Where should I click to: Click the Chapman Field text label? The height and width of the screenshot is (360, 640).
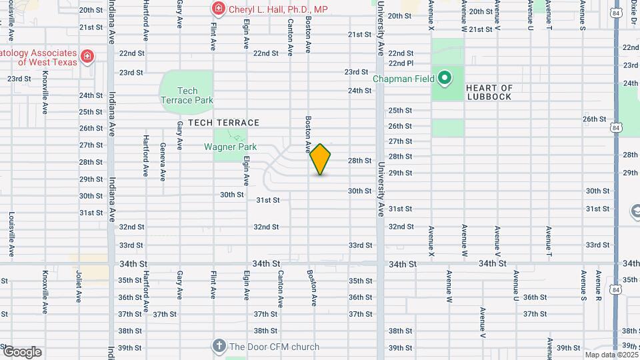(403, 79)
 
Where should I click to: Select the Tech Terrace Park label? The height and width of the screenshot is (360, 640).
(187, 95)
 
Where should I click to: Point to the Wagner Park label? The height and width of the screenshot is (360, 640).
(230, 146)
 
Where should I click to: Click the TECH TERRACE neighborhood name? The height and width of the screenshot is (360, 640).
(223, 123)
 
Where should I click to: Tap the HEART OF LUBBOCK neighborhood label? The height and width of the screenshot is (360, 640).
(489, 92)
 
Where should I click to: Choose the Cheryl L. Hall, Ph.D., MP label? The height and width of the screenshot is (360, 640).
(279, 9)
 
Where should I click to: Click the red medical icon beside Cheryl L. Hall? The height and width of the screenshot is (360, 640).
(218, 9)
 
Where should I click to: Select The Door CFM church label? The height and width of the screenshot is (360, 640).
(275, 347)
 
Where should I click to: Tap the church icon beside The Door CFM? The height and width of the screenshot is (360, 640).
(218, 346)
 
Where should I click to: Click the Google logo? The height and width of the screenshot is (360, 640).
(22, 352)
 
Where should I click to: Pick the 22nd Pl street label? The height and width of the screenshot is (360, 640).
(401, 63)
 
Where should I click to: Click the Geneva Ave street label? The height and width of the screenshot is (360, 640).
(163, 163)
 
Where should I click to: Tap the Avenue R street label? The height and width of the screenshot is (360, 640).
(599, 285)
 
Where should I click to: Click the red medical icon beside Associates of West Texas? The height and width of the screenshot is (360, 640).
(87, 57)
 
